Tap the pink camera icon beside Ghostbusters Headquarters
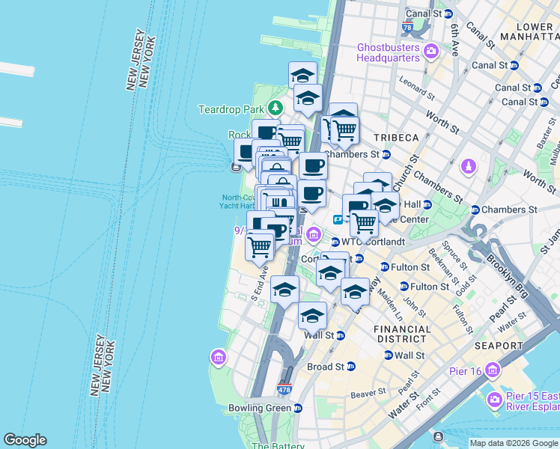tap(430, 51)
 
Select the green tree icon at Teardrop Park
tap(276, 109)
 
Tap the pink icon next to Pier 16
tap(492, 370)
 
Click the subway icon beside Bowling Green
tap(298, 409)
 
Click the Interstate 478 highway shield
tap(284, 390)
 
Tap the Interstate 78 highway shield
tap(407, 28)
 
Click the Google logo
tap(25, 440)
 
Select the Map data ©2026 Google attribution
tap(513, 443)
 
